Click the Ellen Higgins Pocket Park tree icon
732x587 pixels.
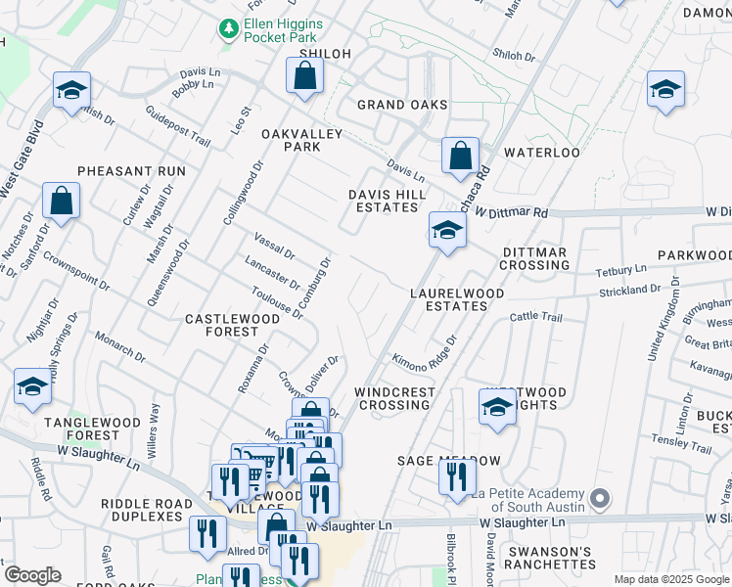(228, 28)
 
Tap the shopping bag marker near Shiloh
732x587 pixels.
(305, 76)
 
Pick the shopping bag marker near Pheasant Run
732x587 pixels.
(61, 202)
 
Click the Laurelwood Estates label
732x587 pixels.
(457, 299)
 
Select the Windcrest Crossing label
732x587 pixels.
(394, 398)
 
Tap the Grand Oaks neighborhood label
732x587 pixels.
(402, 105)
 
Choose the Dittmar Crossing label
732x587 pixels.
(535, 258)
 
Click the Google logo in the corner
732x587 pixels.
(32, 574)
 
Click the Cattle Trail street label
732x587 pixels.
(536, 318)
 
